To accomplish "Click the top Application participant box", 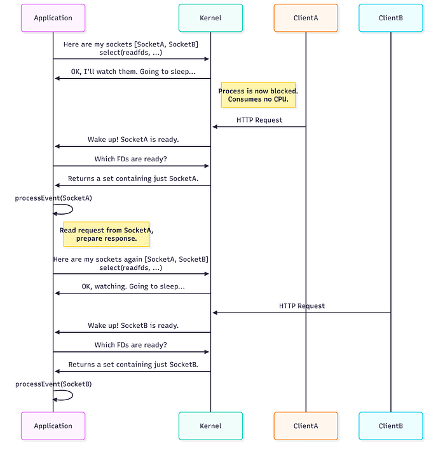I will click(53, 18).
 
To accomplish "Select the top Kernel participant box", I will click(210, 18).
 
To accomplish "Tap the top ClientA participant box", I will click(306, 18).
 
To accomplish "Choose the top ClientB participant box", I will click(390, 18).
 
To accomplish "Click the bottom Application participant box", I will click(53, 426).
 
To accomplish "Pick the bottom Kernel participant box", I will click(210, 426).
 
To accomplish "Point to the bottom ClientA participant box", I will click(306, 426).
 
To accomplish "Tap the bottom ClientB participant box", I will click(390, 426).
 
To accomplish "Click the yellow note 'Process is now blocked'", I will click(258, 95).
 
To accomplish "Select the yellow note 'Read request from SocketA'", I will click(106, 234).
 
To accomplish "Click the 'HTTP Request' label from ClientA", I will click(259, 119).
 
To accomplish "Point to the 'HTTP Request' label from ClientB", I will click(302, 306).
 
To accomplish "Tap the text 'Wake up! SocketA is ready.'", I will click(133, 139).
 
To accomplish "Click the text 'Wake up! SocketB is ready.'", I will click(133, 325).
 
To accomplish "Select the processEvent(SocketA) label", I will click(53, 198).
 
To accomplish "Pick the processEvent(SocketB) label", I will click(53, 384).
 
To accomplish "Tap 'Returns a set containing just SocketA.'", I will click(133, 178).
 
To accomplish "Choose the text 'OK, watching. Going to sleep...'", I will click(133, 286).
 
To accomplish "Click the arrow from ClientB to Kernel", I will click(301, 313).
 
